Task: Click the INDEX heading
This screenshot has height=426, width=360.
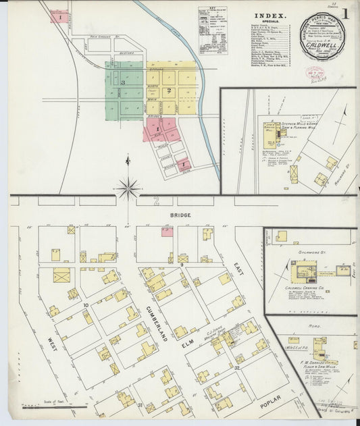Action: (x=271, y=14)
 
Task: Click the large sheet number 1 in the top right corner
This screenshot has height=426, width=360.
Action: (x=344, y=14)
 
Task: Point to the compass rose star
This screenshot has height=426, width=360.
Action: (x=128, y=188)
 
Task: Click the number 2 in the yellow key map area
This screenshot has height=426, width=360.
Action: (x=170, y=90)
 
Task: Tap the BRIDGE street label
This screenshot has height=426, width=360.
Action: (x=180, y=215)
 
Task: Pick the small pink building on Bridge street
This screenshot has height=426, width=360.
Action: (x=166, y=232)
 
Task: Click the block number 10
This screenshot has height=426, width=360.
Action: (x=86, y=306)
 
